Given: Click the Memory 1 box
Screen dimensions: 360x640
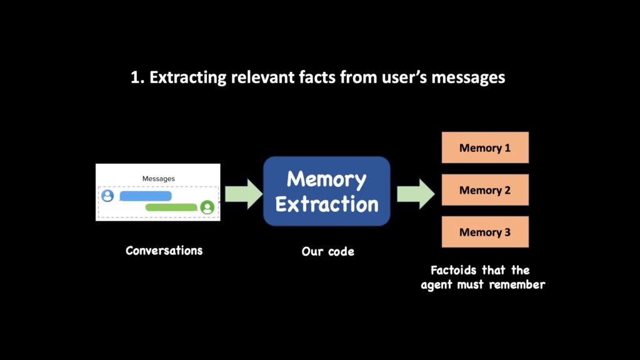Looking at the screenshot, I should (485, 148).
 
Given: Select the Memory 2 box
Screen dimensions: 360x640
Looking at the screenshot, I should (485, 190).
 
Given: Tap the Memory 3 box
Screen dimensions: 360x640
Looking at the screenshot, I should (485, 232).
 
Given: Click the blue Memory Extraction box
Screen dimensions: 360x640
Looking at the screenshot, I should (327, 191).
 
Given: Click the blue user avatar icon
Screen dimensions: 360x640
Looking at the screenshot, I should (108, 196).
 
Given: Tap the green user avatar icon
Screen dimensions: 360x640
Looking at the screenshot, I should (207, 207).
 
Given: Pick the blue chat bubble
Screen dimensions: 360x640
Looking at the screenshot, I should (145, 196).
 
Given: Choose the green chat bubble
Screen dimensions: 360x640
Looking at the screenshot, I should (171, 207).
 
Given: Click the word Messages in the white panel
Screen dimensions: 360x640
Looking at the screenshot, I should (159, 179).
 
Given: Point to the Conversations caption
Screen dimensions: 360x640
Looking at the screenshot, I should (164, 251).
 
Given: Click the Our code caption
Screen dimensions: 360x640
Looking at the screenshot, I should (328, 252).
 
